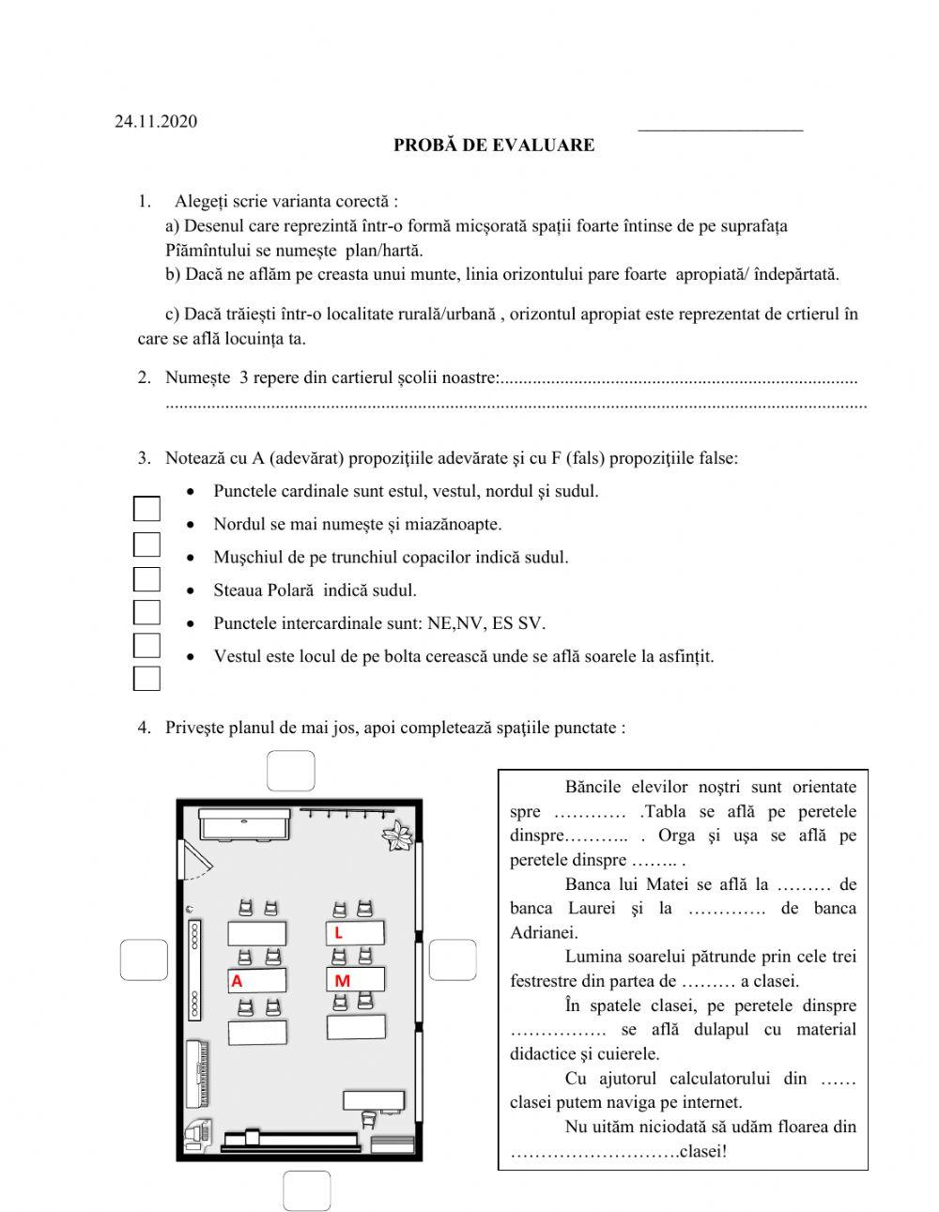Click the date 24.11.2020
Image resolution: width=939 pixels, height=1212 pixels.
156,121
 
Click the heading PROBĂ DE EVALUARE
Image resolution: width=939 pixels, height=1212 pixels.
493,146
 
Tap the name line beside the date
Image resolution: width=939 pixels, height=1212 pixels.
719,126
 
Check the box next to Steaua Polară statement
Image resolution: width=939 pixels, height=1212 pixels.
146,612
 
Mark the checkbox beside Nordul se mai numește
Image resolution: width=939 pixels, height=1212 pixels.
146,545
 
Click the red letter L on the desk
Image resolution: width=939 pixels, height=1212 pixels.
338,933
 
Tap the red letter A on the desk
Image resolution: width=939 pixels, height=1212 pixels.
237,981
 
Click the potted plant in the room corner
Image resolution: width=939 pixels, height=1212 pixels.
398,836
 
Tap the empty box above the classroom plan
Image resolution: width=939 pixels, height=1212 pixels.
291,771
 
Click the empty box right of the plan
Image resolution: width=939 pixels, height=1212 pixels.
453,960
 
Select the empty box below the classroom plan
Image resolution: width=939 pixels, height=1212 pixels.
306,1190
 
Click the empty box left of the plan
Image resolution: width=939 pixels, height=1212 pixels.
144,960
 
